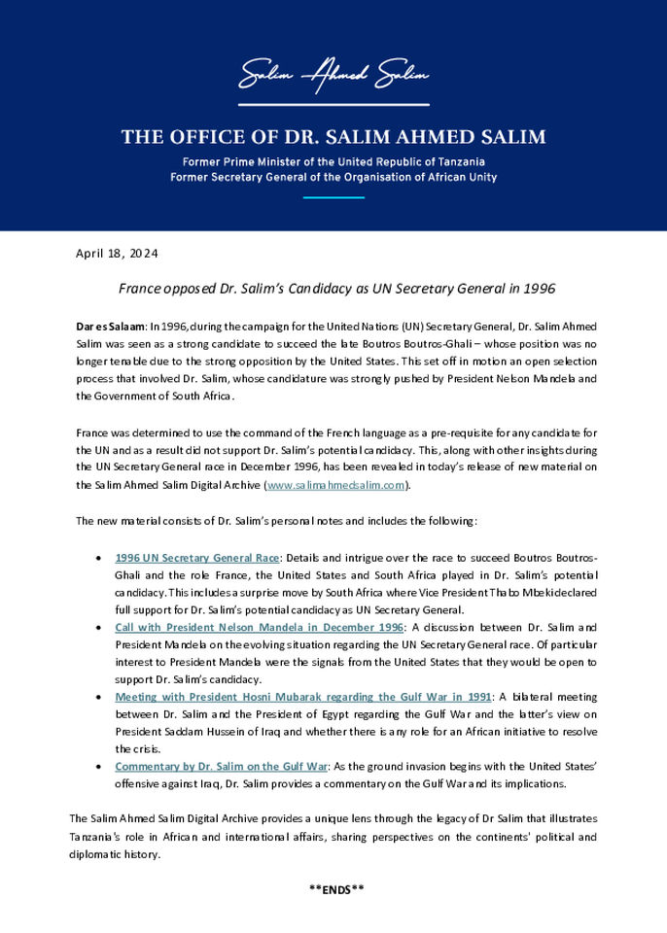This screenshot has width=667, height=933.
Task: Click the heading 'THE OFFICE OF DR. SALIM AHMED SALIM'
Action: click(333, 137)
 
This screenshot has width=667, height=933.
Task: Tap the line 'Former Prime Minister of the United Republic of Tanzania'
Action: click(333, 161)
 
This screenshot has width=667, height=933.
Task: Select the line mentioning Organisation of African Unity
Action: click(333, 177)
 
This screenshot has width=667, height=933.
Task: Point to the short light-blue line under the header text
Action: click(333, 197)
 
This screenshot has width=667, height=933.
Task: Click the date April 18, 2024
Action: click(117, 254)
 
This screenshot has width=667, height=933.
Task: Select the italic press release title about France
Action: click(336, 289)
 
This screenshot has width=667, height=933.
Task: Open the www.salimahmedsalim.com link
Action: click(335, 485)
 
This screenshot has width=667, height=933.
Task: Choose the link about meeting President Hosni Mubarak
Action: click(302, 697)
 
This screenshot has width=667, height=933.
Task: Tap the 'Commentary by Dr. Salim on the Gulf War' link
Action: click(221, 767)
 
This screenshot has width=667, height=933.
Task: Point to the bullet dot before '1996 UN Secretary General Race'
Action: click(102, 558)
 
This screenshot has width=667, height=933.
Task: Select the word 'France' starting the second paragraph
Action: click(94, 432)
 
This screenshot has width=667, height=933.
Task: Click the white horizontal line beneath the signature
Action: click(333, 104)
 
